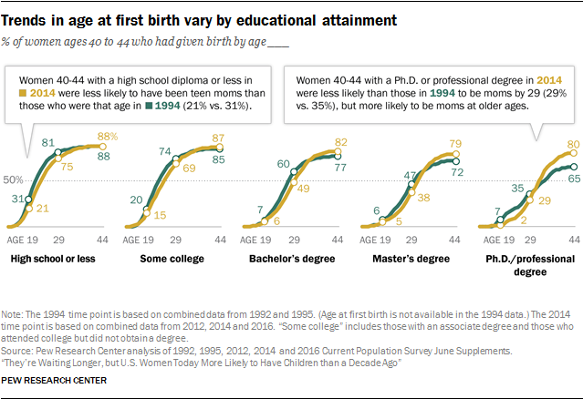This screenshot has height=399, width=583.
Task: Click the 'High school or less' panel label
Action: click(x=56, y=260)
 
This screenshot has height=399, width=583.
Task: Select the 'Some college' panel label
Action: click(x=171, y=260)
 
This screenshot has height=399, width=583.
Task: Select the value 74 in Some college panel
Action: click(x=166, y=150)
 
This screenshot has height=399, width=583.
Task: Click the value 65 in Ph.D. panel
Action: click(x=575, y=181)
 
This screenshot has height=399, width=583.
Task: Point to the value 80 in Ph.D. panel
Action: click(x=574, y=143)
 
